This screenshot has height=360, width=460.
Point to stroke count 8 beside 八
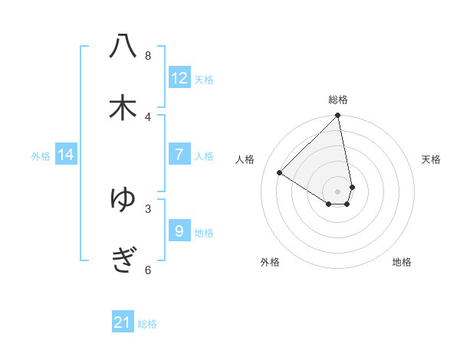[x=148, y=55]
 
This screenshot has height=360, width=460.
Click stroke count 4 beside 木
[x=148, y=116]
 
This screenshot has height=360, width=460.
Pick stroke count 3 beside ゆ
[x=148, y=208]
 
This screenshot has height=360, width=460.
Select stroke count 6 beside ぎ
[x=148, y=270]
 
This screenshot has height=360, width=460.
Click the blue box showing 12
[x=179, y=78]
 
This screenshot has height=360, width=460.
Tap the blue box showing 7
[x=179, y=155]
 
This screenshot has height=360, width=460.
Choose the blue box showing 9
[x=179, y=231]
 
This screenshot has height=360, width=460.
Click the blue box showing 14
[x=66, y=155]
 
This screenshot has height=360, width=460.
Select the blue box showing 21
[x=123, y=322]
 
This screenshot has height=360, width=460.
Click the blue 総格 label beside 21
[x=147, y=324]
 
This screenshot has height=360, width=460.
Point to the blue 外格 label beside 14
[x=41, y=156]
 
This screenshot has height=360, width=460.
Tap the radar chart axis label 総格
[x=338, y=100]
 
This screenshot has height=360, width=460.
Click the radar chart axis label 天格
[x=431, y=159]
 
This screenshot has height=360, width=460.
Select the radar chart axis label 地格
[x=402, y=262]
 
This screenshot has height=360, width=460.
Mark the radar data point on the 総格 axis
[x=338, y=116]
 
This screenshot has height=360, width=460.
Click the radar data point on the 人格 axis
[x=280, y=172]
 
